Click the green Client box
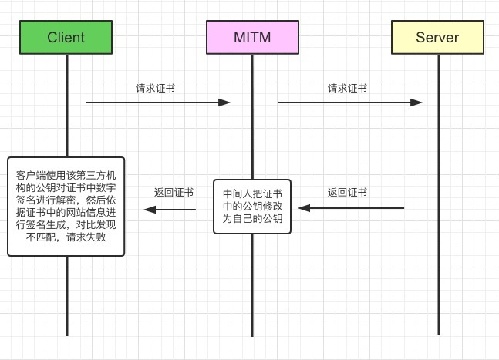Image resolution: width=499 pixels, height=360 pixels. coord(66,37)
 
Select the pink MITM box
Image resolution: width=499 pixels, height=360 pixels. coord(251,37)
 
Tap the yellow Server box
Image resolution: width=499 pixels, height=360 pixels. coord(437,37)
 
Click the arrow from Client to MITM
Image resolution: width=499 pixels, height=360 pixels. coord(158,102)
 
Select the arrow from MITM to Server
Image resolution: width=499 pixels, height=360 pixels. coord(350,102)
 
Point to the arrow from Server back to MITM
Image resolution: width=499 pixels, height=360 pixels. coord(352,208)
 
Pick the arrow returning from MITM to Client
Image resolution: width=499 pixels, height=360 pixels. coord(170,208)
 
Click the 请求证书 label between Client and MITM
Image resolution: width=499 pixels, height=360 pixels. coord(155,88)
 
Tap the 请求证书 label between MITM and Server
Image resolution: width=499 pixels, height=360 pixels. coord(347,88)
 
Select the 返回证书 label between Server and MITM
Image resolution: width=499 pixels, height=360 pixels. coord(347,193)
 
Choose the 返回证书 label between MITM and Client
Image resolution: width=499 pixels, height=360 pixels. coord(174,193)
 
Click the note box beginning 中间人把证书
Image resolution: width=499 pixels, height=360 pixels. coord(252,206)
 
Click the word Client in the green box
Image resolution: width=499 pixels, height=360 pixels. coord(66,37)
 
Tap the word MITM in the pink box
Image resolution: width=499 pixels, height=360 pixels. coord(251,37)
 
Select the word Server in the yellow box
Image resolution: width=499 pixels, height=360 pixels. coord(437,37)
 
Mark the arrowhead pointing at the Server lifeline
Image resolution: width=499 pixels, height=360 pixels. coord(417,102)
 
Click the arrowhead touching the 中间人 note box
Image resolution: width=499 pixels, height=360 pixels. coord(305,208)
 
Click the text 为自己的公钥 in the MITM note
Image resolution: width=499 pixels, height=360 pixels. coord(252,220)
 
